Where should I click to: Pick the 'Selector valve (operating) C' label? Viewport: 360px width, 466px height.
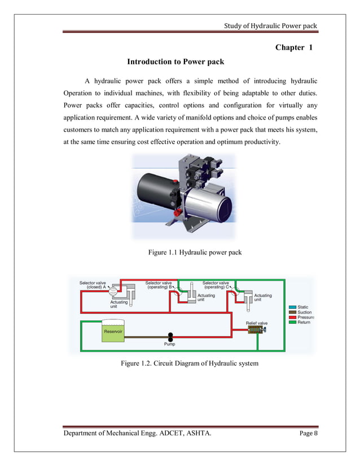[x=216, y=285]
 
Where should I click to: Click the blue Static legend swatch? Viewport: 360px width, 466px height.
[x=292, y=307]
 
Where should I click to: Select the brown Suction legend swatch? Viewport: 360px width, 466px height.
[x=292, y=312]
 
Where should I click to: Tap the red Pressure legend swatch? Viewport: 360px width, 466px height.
[x=292, y=318]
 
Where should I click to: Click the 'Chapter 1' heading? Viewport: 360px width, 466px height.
[x=293, y=47]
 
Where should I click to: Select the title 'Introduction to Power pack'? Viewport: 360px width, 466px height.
[x=175, y=61]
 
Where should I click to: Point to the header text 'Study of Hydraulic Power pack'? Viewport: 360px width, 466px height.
[x=271, y=26]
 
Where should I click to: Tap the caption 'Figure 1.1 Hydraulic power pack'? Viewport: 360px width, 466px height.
[x=195, y=252]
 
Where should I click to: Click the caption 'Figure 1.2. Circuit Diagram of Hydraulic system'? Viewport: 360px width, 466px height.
[x=190, y=363]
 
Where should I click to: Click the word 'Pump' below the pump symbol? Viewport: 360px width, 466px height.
[x=169, y=344]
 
